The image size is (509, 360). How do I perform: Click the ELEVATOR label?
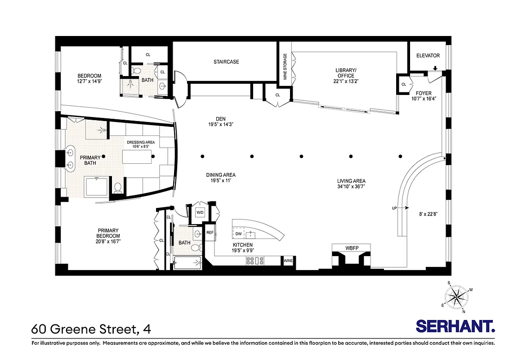(428, 56)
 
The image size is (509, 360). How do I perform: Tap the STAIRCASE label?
(226, 62)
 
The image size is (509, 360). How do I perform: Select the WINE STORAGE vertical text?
(285, 67)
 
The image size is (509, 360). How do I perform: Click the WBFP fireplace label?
(352, 247)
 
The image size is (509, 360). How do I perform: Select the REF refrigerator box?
(210, 233)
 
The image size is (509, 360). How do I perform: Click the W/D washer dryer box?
(199, 212)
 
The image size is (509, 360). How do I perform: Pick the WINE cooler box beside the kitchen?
(288, 260)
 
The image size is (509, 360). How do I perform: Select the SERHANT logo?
(455, 326)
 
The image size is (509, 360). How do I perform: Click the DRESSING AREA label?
(141, 142)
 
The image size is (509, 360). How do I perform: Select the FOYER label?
(424, 94)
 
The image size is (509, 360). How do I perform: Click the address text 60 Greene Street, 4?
(91, 329)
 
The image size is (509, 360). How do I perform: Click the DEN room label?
(220, 119)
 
